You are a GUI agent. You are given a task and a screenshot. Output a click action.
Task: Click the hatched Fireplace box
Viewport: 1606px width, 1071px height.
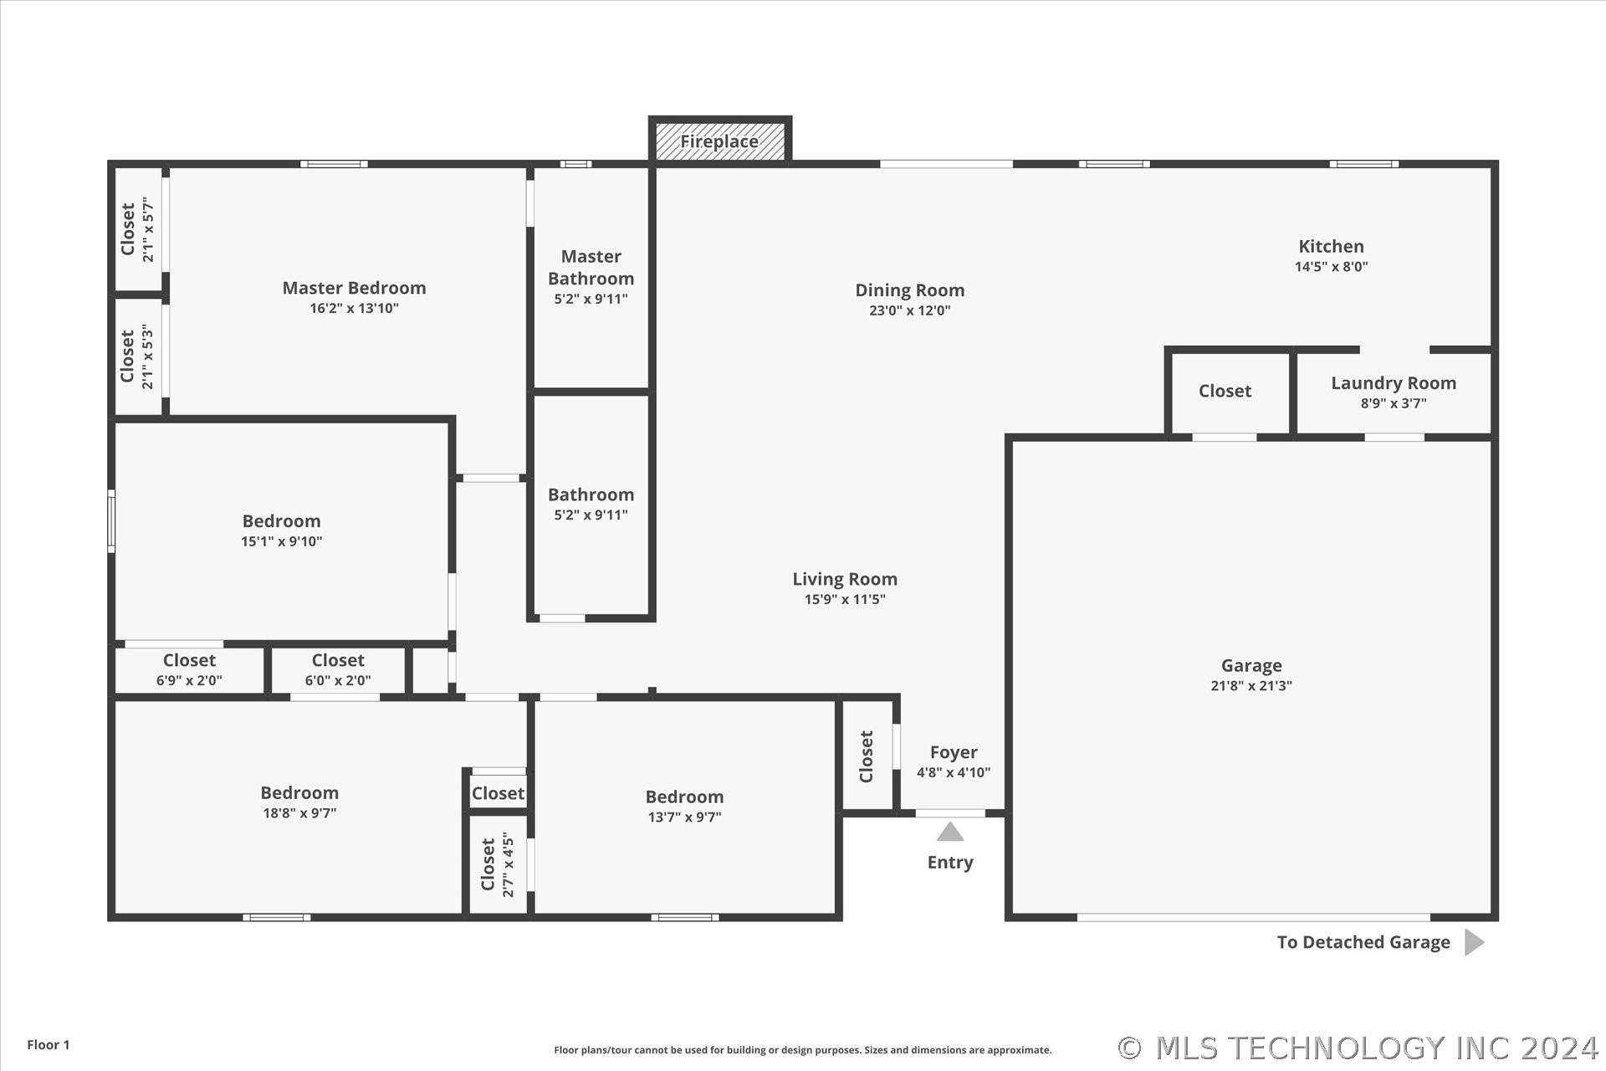719,141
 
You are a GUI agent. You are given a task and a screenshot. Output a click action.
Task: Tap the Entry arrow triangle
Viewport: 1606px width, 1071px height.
949,832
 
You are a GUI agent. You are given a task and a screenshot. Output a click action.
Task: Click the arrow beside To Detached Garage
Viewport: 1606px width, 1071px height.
1475,942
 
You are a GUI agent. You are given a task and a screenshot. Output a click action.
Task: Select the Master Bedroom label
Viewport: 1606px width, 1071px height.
354,288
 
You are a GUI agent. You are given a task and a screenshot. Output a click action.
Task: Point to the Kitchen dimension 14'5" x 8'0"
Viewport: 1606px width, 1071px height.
1331,267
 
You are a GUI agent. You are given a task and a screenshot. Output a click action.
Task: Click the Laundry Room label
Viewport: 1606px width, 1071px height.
1394,383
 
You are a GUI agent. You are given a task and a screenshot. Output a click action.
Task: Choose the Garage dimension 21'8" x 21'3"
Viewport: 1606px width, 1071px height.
1251,686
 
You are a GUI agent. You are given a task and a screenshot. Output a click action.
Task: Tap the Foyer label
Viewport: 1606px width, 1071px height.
954,753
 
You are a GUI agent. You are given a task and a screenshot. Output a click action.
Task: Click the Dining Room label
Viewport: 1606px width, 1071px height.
909,290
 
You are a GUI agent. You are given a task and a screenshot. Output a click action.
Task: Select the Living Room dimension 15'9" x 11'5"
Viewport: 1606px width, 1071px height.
845,599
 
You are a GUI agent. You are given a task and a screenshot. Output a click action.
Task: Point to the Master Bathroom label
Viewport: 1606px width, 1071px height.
591,268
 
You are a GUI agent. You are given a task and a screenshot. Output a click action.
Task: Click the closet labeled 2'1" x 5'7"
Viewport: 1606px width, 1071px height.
138,229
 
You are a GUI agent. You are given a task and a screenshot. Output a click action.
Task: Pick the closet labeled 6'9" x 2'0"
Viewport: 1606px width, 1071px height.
189,669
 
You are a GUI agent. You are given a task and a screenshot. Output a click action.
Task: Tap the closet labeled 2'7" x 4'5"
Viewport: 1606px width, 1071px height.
498,864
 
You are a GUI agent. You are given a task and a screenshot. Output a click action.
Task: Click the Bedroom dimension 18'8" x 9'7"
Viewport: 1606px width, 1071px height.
299,813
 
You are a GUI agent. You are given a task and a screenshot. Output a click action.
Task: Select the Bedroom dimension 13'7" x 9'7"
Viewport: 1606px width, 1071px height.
684,817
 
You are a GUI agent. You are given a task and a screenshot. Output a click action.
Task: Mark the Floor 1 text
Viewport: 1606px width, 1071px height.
49,1044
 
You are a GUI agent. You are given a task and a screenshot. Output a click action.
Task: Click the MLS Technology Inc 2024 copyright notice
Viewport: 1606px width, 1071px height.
1358,1048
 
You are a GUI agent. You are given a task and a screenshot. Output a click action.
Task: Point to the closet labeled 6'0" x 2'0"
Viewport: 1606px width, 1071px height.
338,669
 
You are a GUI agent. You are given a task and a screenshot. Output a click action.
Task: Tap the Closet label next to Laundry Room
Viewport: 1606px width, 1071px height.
1225,391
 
